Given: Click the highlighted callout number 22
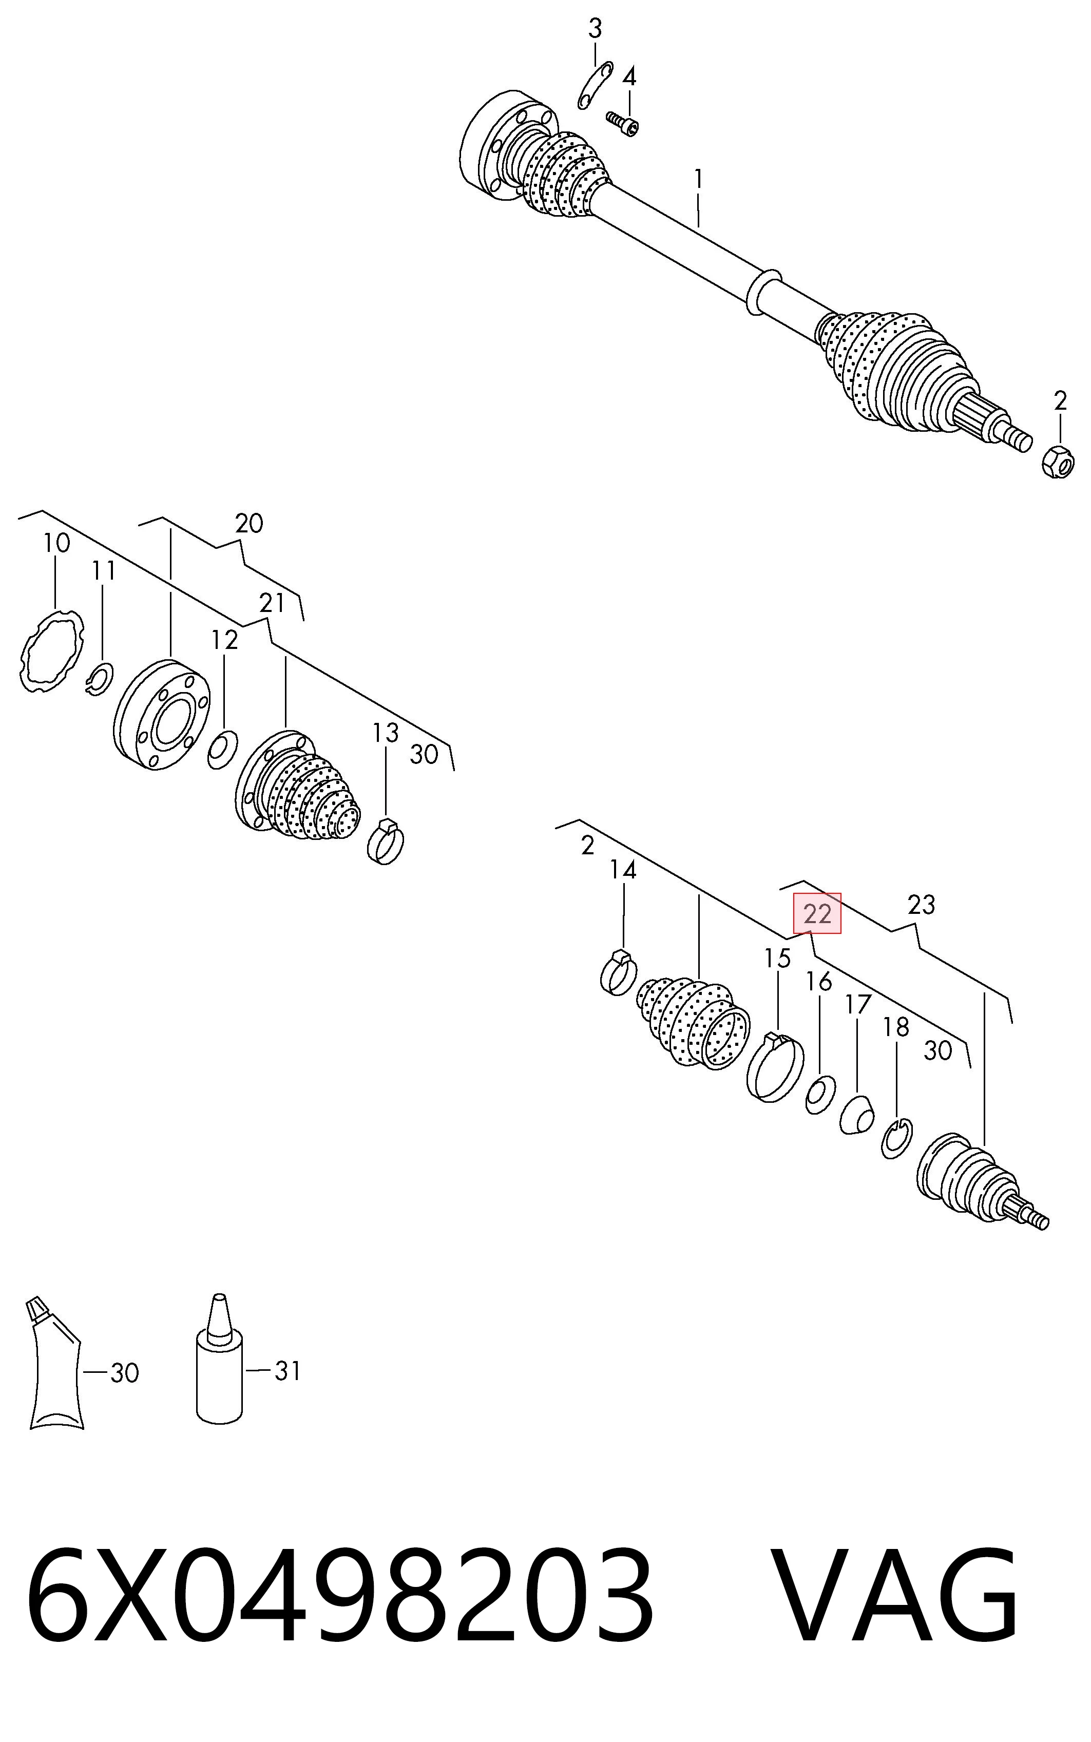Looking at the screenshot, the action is pos(817,914).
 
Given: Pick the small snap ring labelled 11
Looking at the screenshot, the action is pos(99,679).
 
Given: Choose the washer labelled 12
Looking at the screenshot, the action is pos(222,750).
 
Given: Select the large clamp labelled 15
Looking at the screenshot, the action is pos(775,1067).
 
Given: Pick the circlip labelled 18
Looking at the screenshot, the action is pos(897,1138).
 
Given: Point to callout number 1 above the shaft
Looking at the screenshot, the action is pos(698,178).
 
